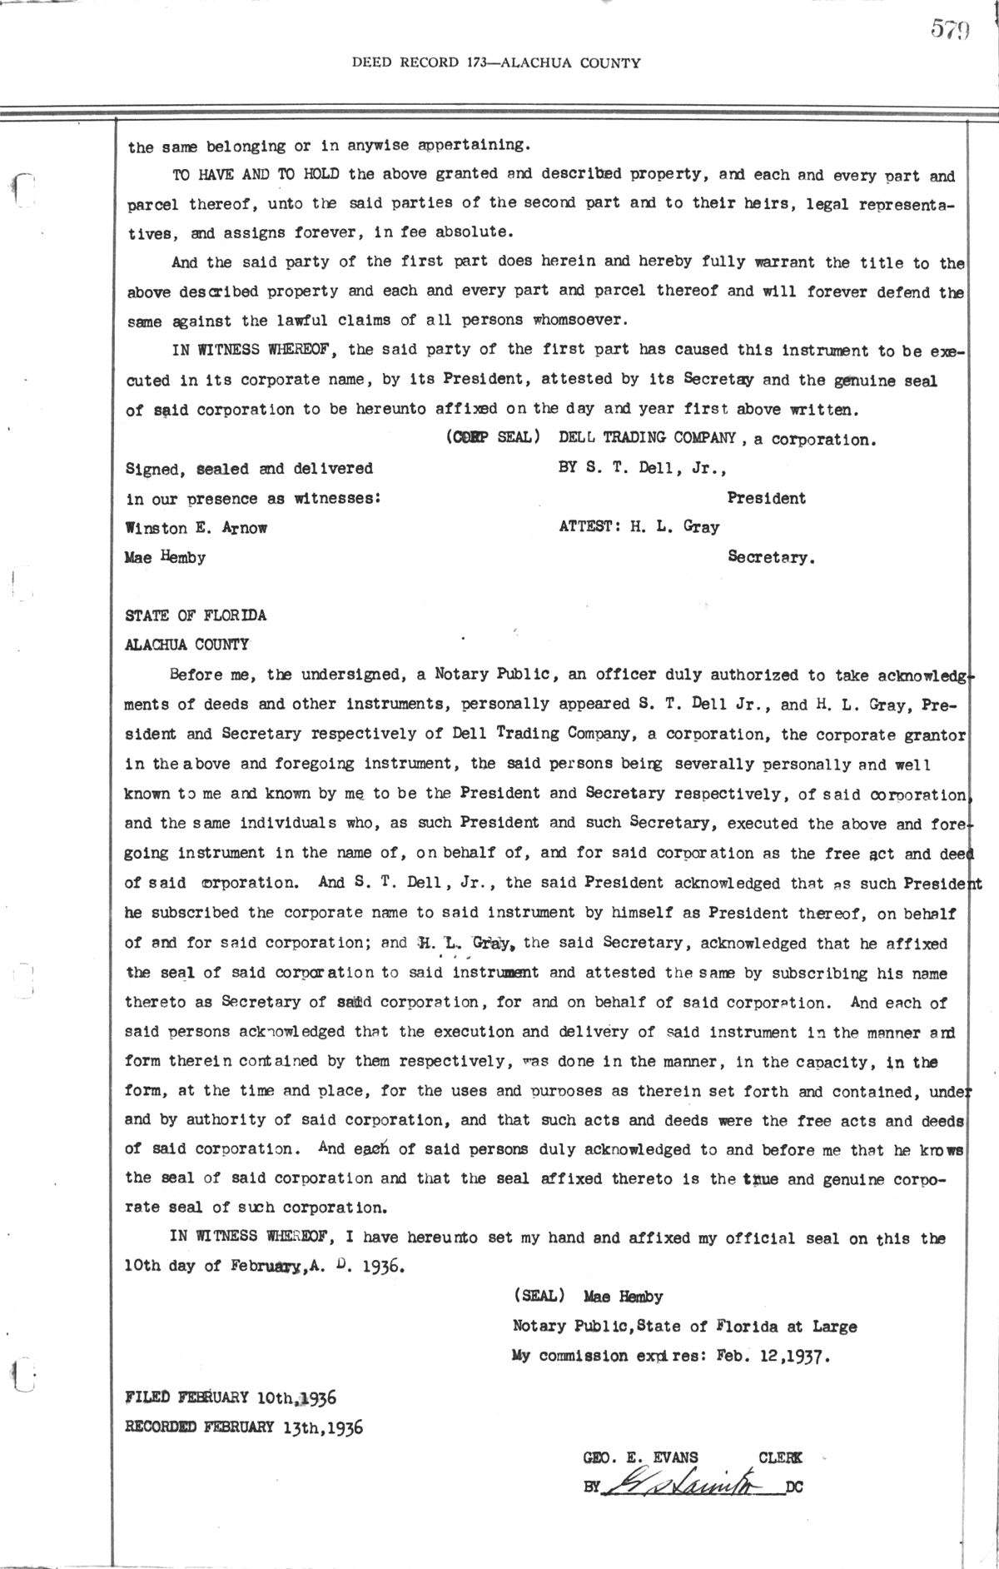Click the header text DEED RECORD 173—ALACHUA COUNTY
point(496,62)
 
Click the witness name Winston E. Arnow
point(196,528)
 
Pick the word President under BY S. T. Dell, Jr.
point(766,498)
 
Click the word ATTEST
point(587,527)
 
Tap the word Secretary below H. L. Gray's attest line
point(771,558)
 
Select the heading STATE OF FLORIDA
point(196,615)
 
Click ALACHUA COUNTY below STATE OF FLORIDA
point(186,645)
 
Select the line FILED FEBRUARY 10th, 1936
point(231,1397)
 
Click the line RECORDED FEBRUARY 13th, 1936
point(244,1427)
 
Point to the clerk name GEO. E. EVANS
point(641,1457)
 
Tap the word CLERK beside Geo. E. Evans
point(781,1457)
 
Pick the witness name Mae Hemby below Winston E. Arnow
point(165,557)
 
